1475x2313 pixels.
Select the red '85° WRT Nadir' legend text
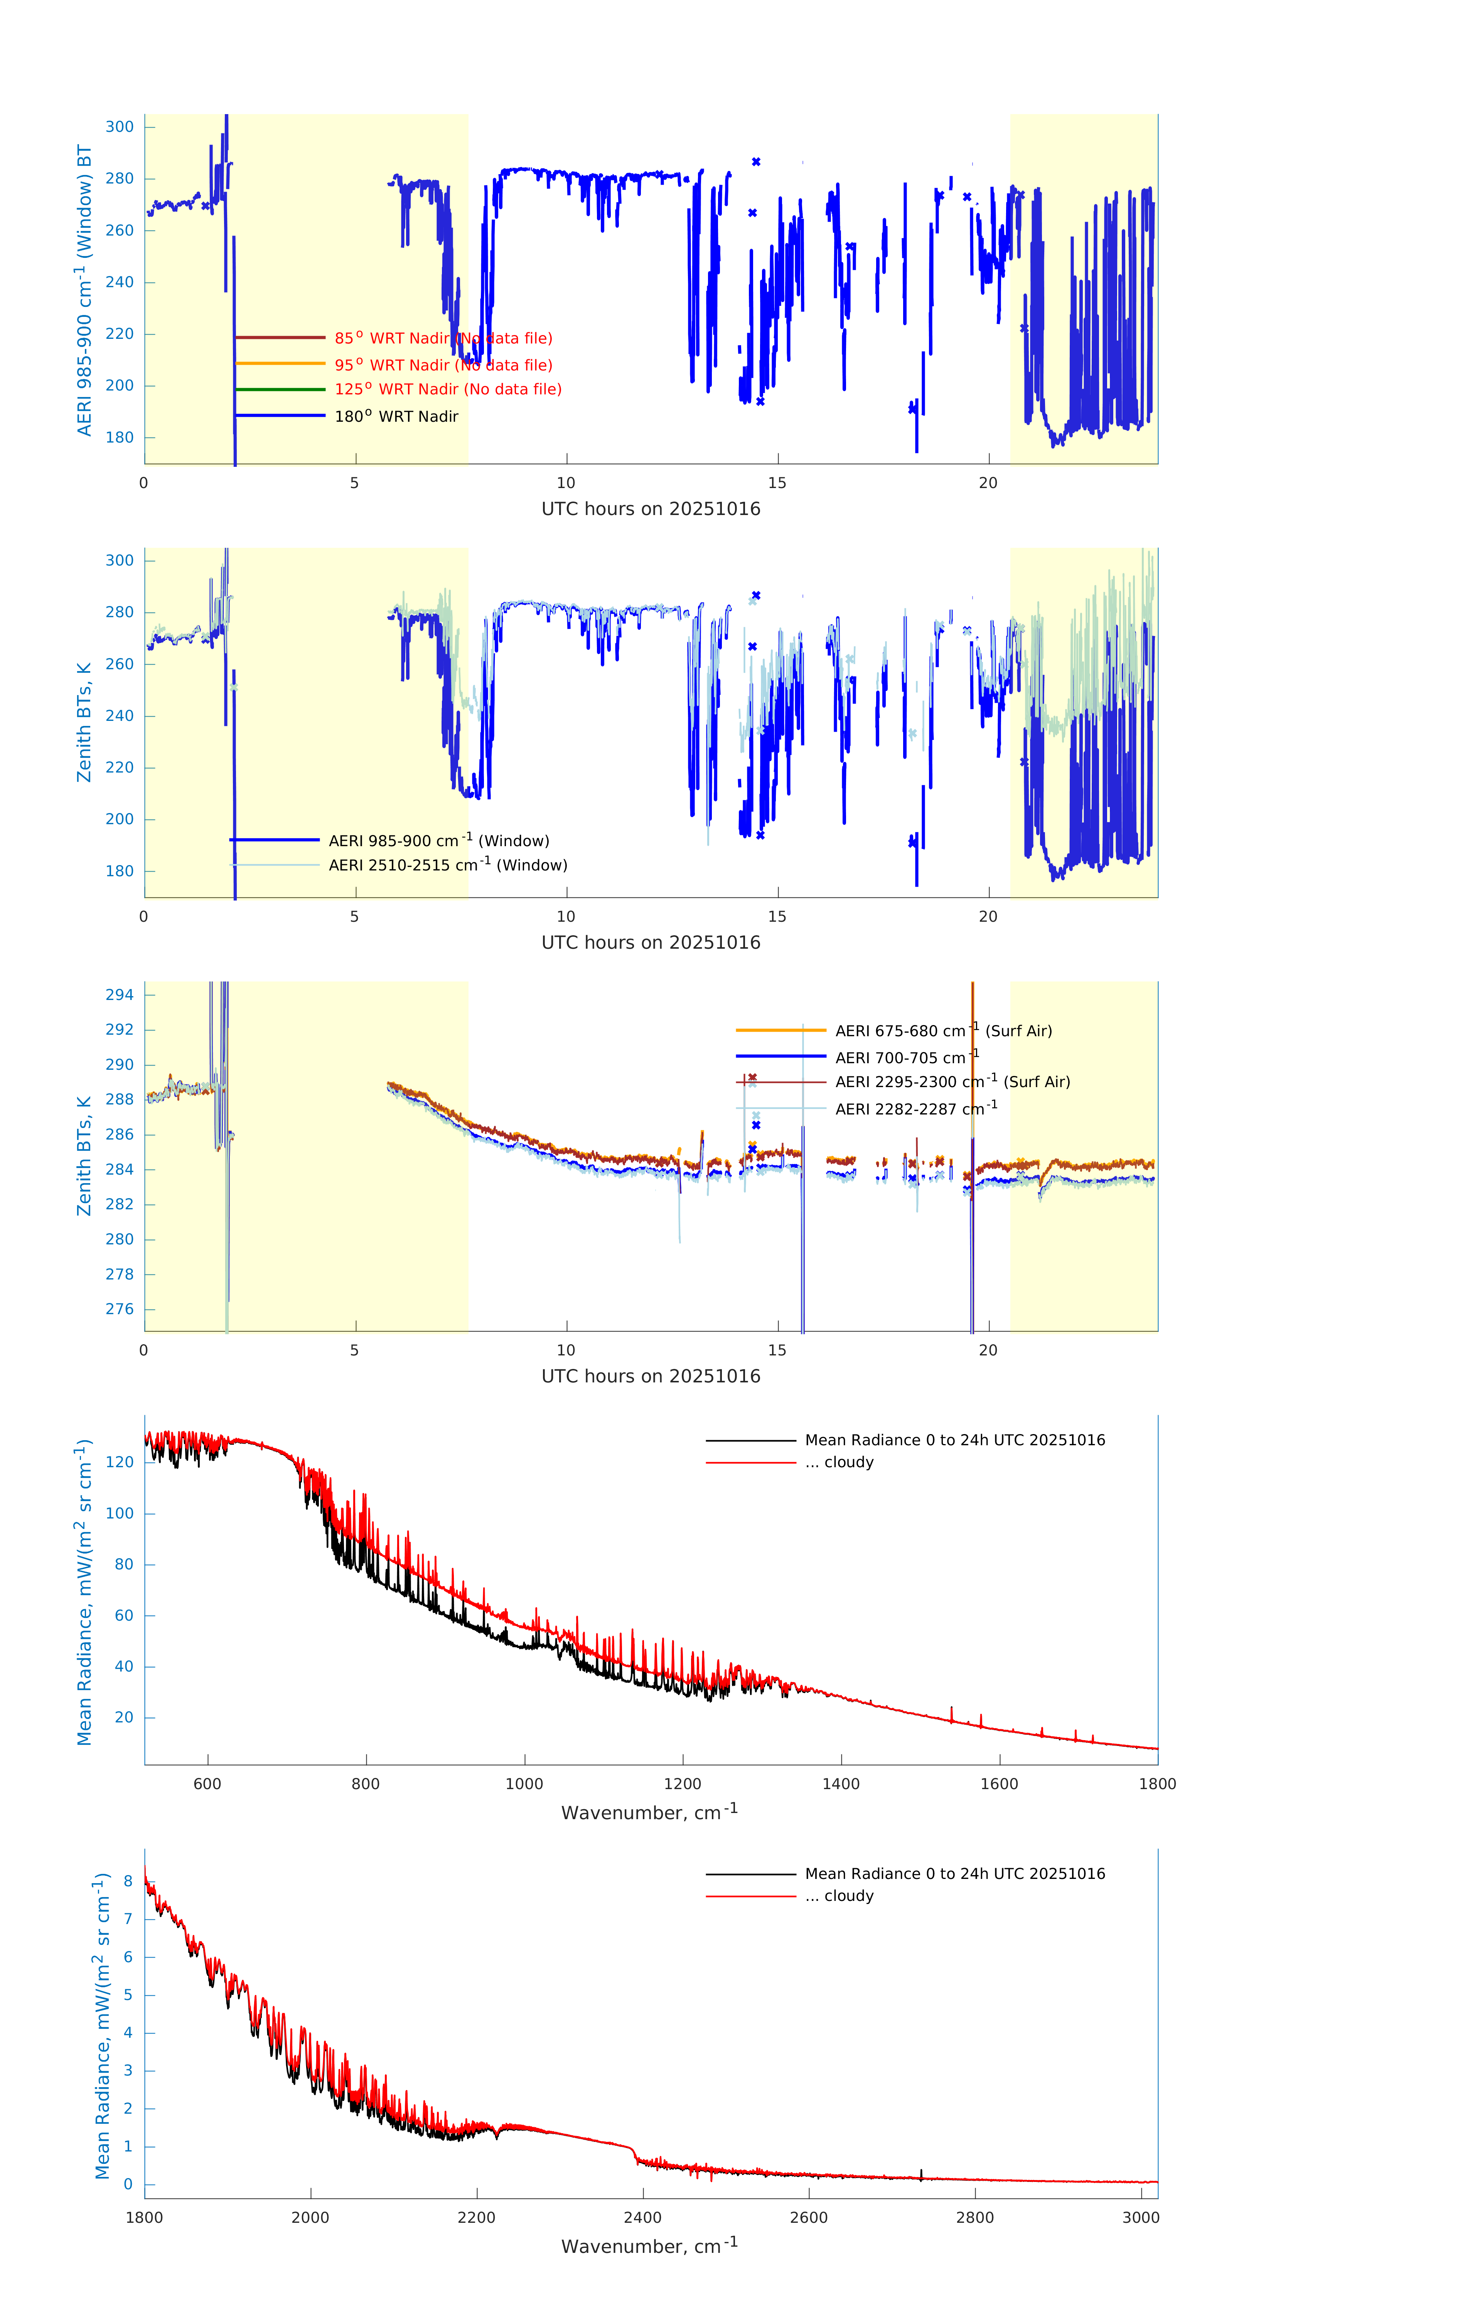[443, 338]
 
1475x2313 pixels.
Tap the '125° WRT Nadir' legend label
[448, 389]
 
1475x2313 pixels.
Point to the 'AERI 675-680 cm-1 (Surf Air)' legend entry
[943, 1031]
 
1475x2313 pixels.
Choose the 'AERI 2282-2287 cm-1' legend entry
[916, 1108]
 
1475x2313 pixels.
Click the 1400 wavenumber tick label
[841, 1784]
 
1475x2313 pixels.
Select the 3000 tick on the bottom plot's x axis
[1141, 2217]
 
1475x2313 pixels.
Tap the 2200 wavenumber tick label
[477, 2217]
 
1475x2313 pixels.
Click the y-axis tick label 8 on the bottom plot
[128, 1881]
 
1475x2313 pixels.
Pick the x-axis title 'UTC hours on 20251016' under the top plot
[651, 509]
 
